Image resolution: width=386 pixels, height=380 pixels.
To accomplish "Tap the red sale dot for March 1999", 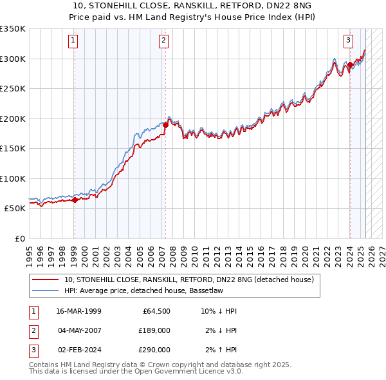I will (x=75, y=200).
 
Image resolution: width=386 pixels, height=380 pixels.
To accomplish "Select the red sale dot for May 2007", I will (x=165, y=126).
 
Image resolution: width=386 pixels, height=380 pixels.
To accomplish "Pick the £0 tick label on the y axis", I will (x=19, y=238).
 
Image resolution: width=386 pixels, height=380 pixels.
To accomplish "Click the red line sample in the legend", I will (x=46, y=280).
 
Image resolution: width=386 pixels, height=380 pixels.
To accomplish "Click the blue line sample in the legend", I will (x=46, y=291).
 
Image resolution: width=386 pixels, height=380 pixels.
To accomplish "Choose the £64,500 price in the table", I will (x=154, y=311).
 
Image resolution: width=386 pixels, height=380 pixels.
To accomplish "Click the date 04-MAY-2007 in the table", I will (x=79, y=330).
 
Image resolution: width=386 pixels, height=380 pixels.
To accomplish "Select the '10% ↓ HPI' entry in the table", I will (x=219, y=311).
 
